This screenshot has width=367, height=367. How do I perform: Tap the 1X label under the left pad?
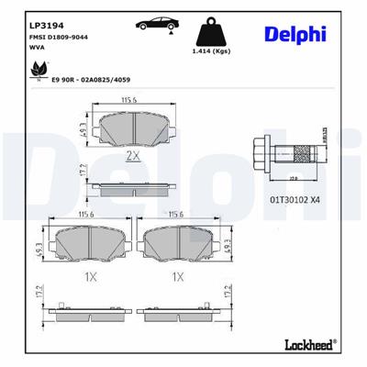[90, 276]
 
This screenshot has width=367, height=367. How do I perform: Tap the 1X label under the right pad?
[178, 276]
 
